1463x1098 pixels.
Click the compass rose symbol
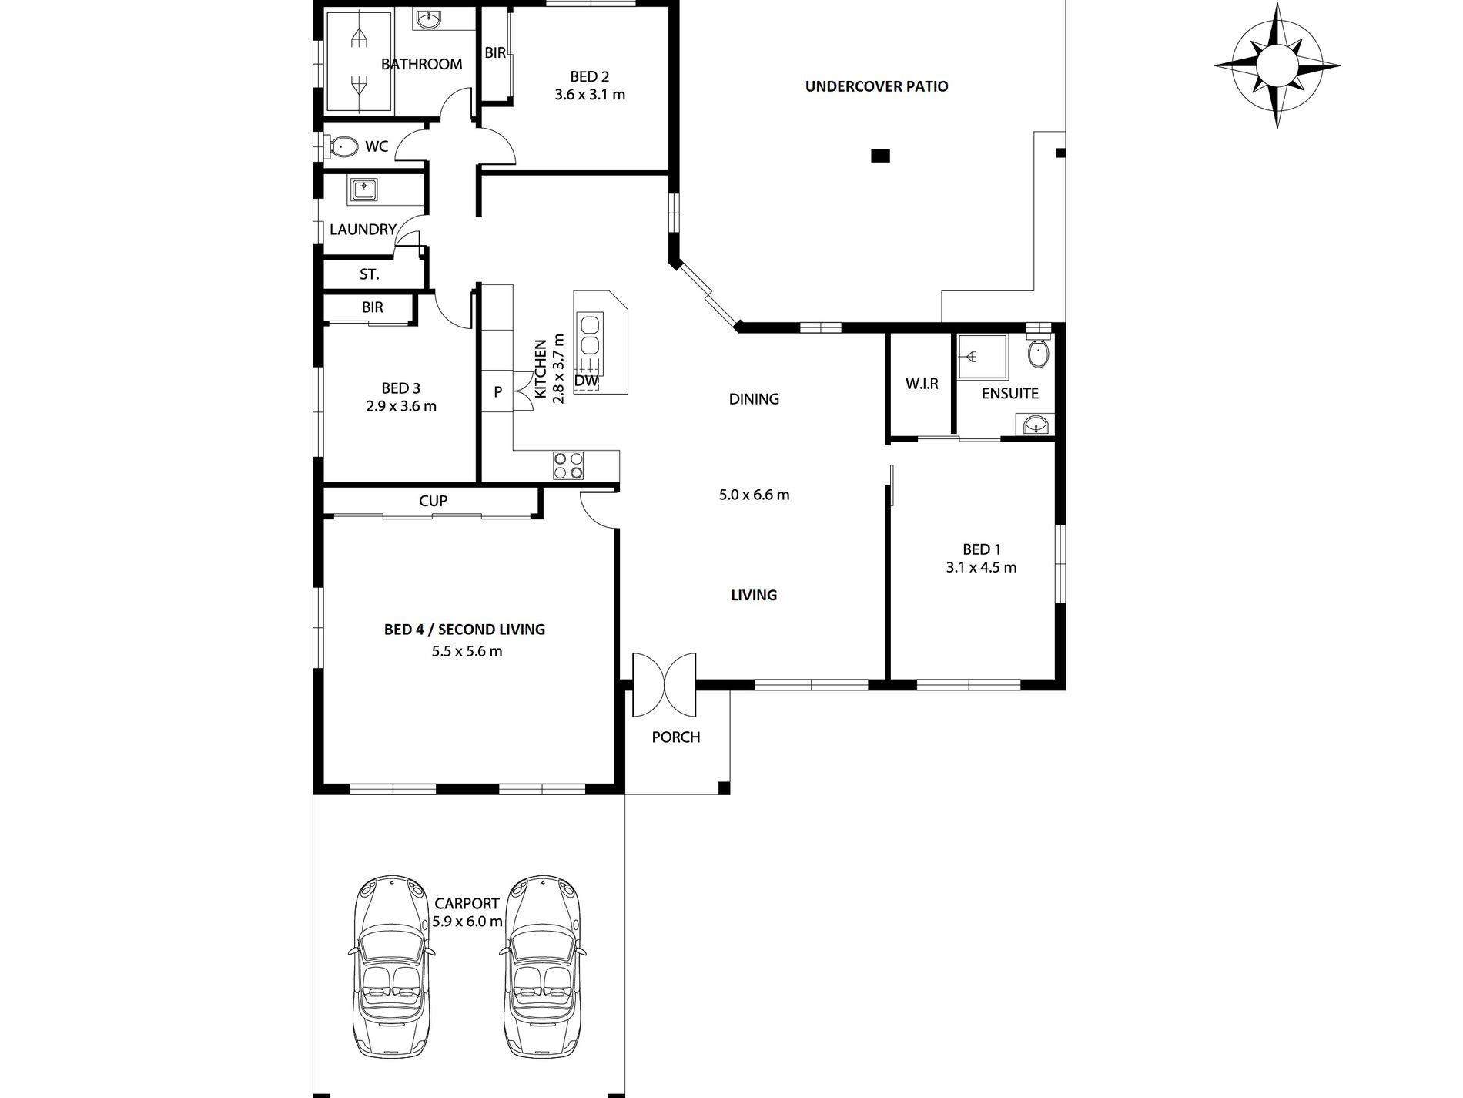click(x=1277, y=65)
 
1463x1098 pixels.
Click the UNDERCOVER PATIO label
click(x=876, y=86)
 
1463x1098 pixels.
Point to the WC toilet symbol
click(x=342, y=146)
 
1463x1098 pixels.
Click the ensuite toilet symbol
click(x=1038, y=354)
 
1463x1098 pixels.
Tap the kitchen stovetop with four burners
click(x=568, y=466)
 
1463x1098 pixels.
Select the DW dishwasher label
click(x=586, y=381)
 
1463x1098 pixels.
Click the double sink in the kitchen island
click(x=590, y=334)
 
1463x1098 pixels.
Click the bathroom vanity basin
click(x=427, y=21)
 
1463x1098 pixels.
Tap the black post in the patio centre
click(x=880, y=156)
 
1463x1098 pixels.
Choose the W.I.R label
click(x=922, y=383)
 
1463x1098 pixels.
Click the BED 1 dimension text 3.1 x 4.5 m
click(x=981, y=568)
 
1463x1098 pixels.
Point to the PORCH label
click(x=676, y=737)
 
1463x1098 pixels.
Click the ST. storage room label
click(x=370, y=274)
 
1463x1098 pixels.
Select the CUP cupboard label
click(x=433, y=501)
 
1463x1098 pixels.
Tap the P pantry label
click(x=498, y=392)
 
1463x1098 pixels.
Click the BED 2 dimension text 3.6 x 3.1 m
click(x=590, y=95)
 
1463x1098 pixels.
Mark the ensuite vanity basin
click(x=1036, y=424)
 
